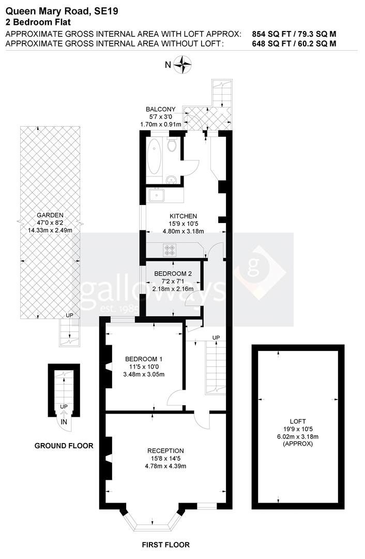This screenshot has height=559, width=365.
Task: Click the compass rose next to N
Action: [182, 65]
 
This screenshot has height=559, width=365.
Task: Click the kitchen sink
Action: [156, 195]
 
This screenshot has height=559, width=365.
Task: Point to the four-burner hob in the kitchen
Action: [170, 249]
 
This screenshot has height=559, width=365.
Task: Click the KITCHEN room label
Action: [184, 216]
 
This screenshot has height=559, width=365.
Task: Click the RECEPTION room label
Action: [165, 451]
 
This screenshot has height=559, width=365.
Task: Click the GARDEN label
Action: [50, 215]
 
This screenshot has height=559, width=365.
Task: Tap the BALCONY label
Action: [160, 109]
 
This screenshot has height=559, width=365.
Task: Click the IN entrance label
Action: [64, 422]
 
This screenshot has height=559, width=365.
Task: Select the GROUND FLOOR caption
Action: [64, 446]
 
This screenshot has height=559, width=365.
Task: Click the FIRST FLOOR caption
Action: [166, 545]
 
